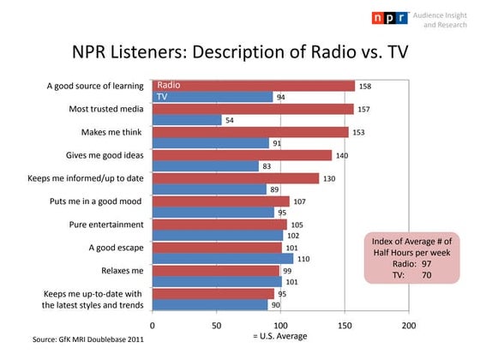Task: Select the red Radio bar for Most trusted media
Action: tap(253, 109)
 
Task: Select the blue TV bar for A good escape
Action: tap(223, 258)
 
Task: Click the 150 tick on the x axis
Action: tap(345, 326)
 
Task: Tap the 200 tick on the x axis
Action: tap(409, 326)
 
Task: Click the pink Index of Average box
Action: tap(412, 256)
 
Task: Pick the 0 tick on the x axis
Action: tap(153, 326)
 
